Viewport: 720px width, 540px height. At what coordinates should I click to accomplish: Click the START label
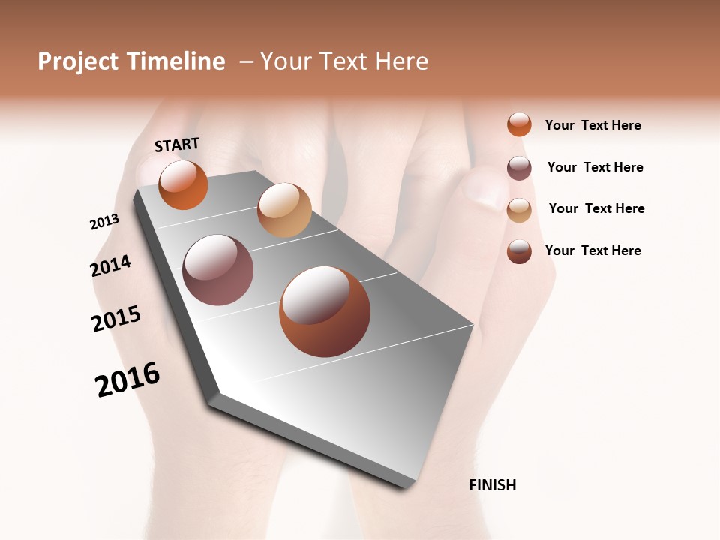click(x=177, y=145)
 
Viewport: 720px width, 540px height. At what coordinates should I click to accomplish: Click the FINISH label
click(x=493, y=485)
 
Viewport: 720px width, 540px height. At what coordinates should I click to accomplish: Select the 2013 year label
click(x=104, y=222)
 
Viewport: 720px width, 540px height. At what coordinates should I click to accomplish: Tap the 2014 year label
click(x=110, y=265)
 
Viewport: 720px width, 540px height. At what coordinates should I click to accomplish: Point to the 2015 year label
click(x=116, y=318)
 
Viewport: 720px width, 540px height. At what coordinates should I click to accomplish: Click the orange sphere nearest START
click(x=183, y=184)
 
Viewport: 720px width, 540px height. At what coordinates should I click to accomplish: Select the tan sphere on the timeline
click(x=284, y=210)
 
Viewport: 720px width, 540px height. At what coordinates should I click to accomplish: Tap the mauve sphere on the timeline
click(x=217, y=270)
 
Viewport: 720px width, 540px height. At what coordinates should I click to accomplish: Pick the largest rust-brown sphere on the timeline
click(x=325, y=311)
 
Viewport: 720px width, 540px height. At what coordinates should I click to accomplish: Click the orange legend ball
click(x=519, y=124)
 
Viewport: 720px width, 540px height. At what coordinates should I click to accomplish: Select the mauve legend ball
click(x=519, y=168)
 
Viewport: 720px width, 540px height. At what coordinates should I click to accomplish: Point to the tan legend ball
click(x=519, y=210)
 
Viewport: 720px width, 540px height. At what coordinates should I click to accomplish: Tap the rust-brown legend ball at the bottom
click(x=519, y=251)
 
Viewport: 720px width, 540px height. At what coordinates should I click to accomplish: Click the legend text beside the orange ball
click(x=592, y=125)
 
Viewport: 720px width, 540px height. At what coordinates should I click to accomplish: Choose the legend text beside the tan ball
click(x=596, y=208)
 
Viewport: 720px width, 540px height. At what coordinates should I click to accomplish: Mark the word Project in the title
click(x=79, y=61)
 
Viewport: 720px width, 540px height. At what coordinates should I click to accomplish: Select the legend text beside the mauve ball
click(x=595, y=167)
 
